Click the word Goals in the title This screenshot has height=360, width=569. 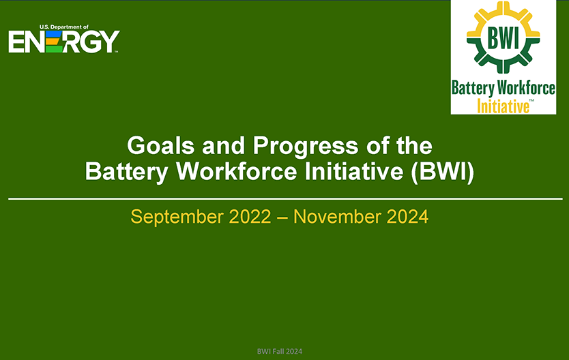coord(161,146)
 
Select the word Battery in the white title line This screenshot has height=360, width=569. coord(126,172)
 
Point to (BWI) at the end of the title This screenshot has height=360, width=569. coord(443,172)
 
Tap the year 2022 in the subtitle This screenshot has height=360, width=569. coord(250,217)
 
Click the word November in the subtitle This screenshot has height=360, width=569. coord(337,217)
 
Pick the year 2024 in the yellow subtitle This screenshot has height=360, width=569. coord(407,217)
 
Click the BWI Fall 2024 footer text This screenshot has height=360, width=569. coord(280,351)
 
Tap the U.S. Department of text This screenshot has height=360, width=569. coord(64,27)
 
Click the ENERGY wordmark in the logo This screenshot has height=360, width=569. coord(64,42)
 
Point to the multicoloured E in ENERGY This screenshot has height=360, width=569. coord(54,42)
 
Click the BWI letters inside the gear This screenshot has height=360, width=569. coord(504,37)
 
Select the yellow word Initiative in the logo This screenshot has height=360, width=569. coord(503,106)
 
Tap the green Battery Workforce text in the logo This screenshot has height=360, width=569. coord(504,89)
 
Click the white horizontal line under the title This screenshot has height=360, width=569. coord(285,198)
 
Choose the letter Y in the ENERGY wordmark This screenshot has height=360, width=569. coord(110,42)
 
